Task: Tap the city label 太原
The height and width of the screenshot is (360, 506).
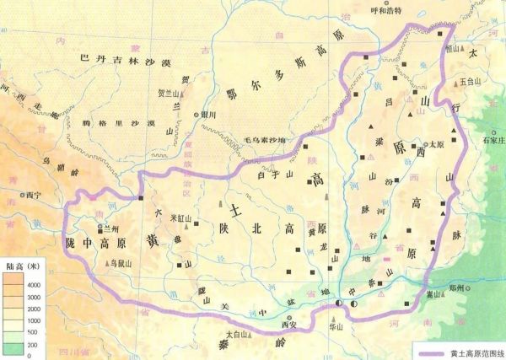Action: [436, 144]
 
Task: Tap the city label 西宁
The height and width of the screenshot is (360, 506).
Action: [34, 194]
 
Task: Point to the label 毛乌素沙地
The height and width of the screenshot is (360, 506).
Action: [265, 139]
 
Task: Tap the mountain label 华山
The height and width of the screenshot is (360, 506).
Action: [336, 323]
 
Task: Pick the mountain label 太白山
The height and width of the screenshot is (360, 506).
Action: [242, 335]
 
